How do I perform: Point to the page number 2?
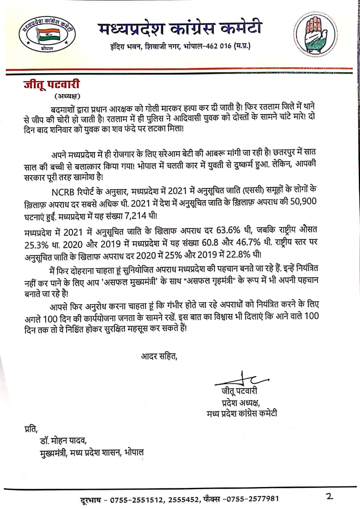tap(329, 496)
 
